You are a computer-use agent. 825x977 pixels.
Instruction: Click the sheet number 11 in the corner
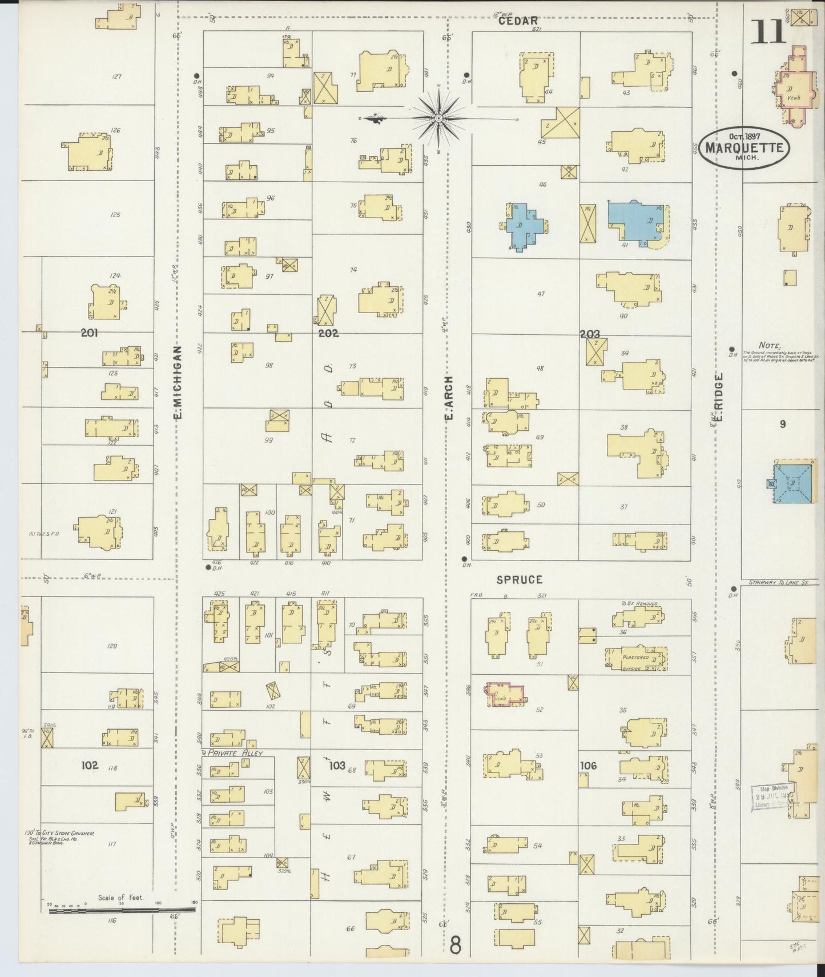pyautogui.click(x=767, y=31)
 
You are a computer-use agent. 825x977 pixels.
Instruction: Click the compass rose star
pyautogui.click(x=438, y=118)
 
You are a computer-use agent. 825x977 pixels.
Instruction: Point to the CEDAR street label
pyautogui.click(x=518, y=21)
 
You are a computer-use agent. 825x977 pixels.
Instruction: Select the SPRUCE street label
pyautogui.click(x=519, y=579)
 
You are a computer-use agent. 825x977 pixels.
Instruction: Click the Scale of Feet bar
pyautogui.click(x=122, y=908)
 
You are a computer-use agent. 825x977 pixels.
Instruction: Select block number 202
pyautogui.click(x=328, y=333)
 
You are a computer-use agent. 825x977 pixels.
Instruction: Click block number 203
pyautogui.click(x=590, y=334)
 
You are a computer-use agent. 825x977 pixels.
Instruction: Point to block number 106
pyautogui.click(x=588, y=766)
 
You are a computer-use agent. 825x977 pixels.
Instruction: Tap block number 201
pyautogui.click(x=89, y=333)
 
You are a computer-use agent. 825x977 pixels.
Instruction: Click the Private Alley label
pyautogui.click(x=235, y=754)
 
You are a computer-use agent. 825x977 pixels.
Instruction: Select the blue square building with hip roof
pyautogui.click(x=792, y=483)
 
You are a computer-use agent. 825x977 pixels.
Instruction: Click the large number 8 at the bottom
pyautogui.click(x=455, y=945)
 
